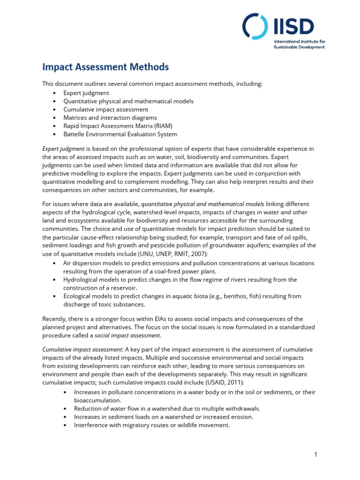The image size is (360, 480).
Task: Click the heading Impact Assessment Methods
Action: (x=105, y=67)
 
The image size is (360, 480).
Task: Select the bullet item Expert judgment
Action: (x=86, y=93)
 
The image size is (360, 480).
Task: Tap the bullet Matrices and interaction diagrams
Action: (x=110, y=118)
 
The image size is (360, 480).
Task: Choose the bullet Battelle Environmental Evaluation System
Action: (x=120, y=134)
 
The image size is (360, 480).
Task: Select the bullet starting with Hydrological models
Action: (x=180, y=280)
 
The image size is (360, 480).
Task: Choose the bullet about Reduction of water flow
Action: (x=166, y=408)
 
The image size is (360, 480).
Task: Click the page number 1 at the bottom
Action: (x=316, y=454)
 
